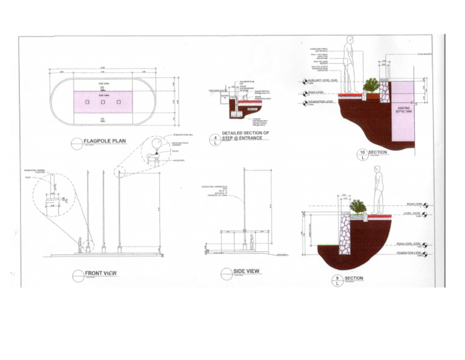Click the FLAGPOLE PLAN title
click(x=105, y=142)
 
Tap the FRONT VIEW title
click(x=100, y=273)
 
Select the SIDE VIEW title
click(x=246, y=271)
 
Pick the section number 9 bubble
click(x=337, y=281)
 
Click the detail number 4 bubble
click(x=215, y=141)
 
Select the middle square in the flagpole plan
click(x=104, y=101)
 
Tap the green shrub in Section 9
click(x=358, y=207)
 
